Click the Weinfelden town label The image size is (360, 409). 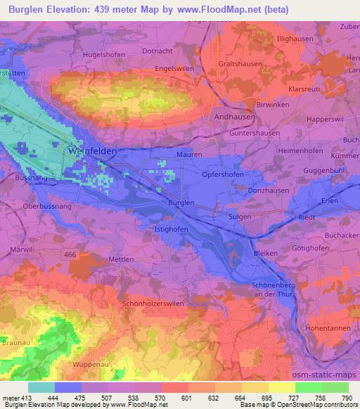[x=93, y=151]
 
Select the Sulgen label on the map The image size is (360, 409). [x=240, y=217]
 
